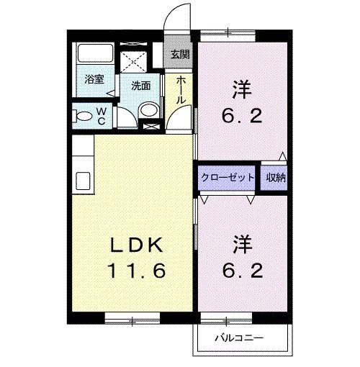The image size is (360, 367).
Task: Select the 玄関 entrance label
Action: pos(180,54)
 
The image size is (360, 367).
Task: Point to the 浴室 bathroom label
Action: pos(94,80)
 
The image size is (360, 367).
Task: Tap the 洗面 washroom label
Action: pos(141,86)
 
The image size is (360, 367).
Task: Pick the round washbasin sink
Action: pos(149,109)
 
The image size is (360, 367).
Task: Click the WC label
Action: pos(101,116)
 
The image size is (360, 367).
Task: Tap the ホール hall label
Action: pos(181,89)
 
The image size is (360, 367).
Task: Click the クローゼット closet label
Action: pos(227,177)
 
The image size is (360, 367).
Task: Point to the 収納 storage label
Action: pos(274,177)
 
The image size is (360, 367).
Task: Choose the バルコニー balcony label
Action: pos(240,337)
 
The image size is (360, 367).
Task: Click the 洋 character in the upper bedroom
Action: pos(242,91)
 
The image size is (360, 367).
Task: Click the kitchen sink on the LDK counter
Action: pos(80,179)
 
